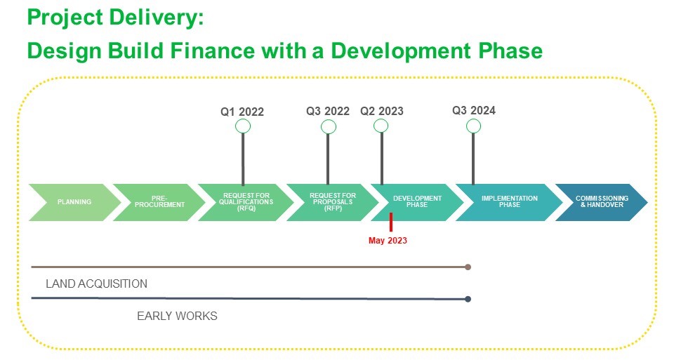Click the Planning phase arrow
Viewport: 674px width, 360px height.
[x=74, y=202]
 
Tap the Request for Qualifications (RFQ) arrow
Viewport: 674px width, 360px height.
[x=246, y=202]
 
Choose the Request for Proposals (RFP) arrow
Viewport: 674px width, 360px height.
[x=333, y=202]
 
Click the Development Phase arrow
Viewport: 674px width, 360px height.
[x=417, y=202]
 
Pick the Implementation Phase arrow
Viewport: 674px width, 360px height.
[x=509, y=202]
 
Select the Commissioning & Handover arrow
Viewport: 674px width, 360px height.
[x=602, y=202]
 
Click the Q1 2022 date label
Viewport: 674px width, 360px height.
[x=242, y=112]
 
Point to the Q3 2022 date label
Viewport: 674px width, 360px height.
[x=328, y=112]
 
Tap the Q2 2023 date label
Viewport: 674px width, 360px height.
[x=382, y=112]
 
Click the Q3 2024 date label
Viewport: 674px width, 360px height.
[x=474, y=111]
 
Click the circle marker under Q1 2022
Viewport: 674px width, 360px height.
[x=243, y=126]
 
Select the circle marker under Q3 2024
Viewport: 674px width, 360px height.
[x=473, y=126]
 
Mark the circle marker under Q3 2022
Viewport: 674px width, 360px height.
[x=329, y=127]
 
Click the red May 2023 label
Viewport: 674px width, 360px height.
[x=388, y=241]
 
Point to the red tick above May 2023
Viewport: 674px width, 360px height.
[x=391, y=222]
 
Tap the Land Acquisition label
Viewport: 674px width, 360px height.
[x=97, y=284]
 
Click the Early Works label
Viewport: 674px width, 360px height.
[x=177, y=316]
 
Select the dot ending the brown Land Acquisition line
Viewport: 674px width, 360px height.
[x=468, y=267]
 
